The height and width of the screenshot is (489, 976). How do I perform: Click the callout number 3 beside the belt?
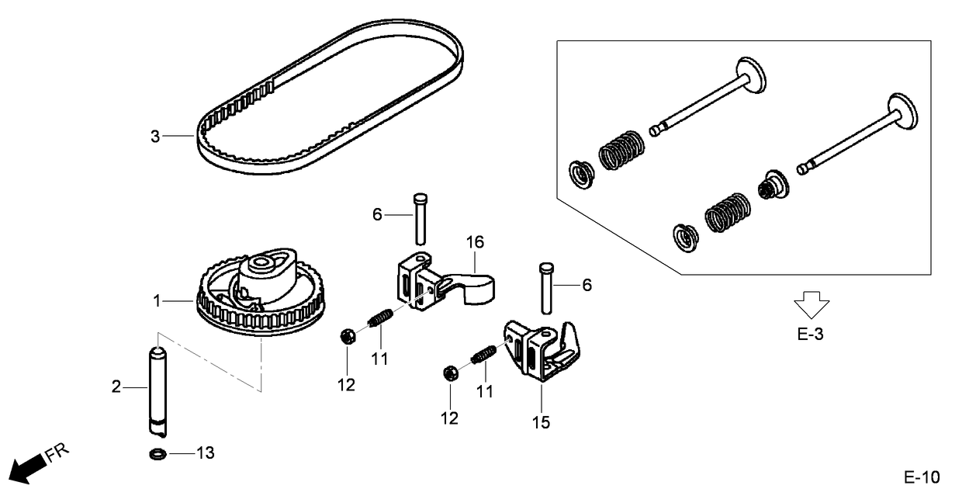pos(154,137)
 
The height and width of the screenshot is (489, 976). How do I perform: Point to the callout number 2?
pos(116,386)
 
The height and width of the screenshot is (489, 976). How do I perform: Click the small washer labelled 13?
pos(156,453)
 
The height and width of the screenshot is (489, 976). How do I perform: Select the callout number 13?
pos(205,453)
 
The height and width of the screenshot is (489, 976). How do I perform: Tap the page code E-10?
pos(921,476)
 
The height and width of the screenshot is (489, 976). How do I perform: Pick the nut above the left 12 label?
pos(348,337)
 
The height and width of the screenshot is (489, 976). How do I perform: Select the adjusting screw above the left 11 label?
pos(380,318)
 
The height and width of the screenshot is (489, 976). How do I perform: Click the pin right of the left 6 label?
pos(421,217)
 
